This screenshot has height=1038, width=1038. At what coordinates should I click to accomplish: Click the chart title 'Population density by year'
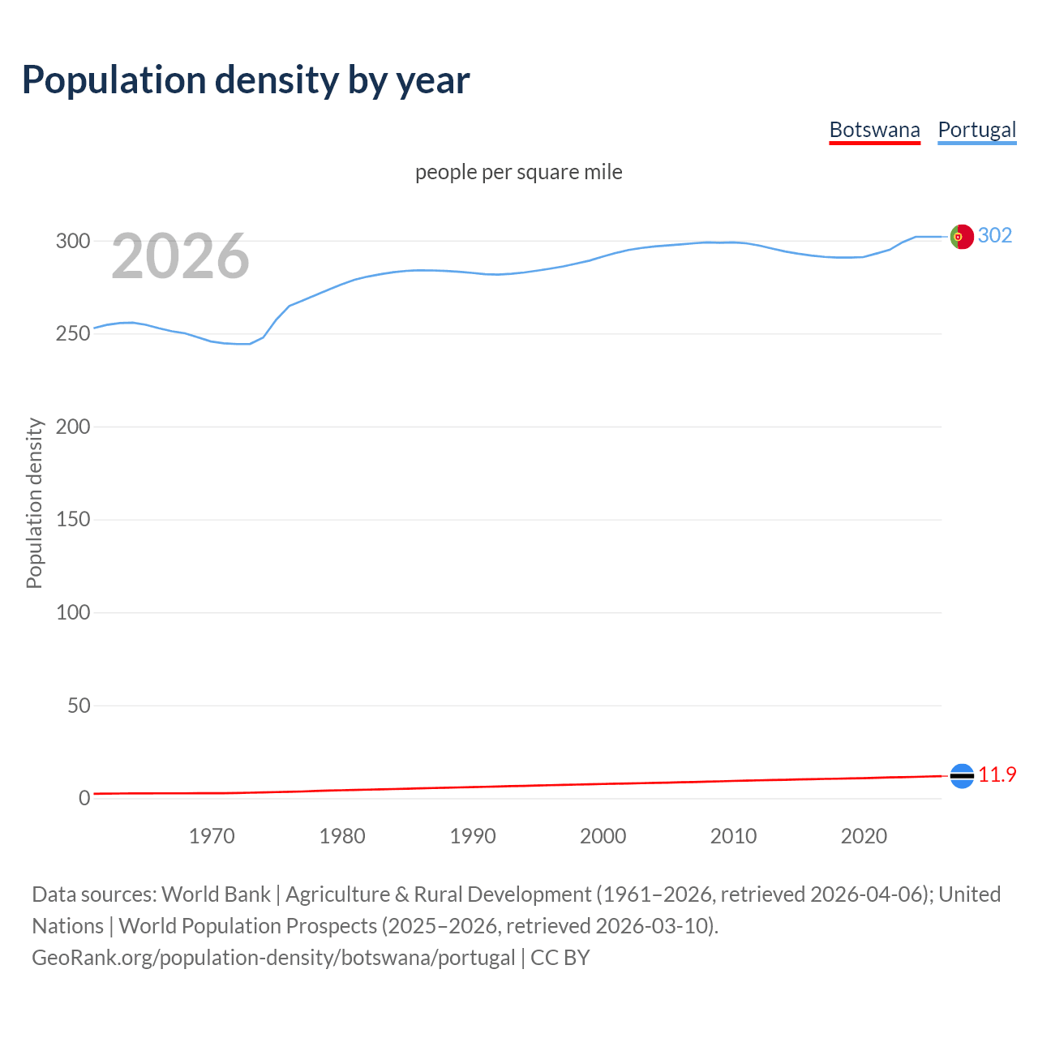pos(246,80)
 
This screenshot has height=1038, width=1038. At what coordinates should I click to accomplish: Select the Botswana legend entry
pos(874,130)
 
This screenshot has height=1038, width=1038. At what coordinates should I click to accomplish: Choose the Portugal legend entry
pos(976,130)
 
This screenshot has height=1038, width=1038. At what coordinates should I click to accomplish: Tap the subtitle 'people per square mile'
pos(519,172)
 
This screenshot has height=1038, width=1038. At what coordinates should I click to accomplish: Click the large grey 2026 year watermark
pos(180,256)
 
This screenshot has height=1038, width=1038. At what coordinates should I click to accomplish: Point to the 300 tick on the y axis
pos(72,241)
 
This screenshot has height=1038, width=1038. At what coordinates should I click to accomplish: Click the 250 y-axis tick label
pos(72,334)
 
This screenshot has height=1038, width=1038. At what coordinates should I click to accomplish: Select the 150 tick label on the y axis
pos(72,519)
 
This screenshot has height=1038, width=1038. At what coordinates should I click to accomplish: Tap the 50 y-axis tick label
pos(79,706)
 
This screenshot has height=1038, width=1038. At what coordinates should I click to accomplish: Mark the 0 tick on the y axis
pos(84,798)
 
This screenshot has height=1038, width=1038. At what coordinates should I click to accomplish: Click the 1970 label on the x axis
pos(212,836)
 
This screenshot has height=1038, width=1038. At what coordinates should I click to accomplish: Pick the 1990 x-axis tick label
pos(473,836)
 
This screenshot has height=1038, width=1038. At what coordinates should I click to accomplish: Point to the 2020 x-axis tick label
pos(864,836)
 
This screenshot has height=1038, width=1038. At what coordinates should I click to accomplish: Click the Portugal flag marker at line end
pos(962,236)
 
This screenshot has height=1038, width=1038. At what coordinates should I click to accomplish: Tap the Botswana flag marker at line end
pos(962,776)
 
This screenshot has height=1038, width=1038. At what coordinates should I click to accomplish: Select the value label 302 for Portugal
pos(995,235)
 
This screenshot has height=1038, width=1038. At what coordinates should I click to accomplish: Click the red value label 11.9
pos(997,775)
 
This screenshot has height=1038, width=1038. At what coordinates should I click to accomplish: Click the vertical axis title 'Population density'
pos(34,503)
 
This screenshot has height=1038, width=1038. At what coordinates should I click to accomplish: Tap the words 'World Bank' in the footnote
pos(216,894)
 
